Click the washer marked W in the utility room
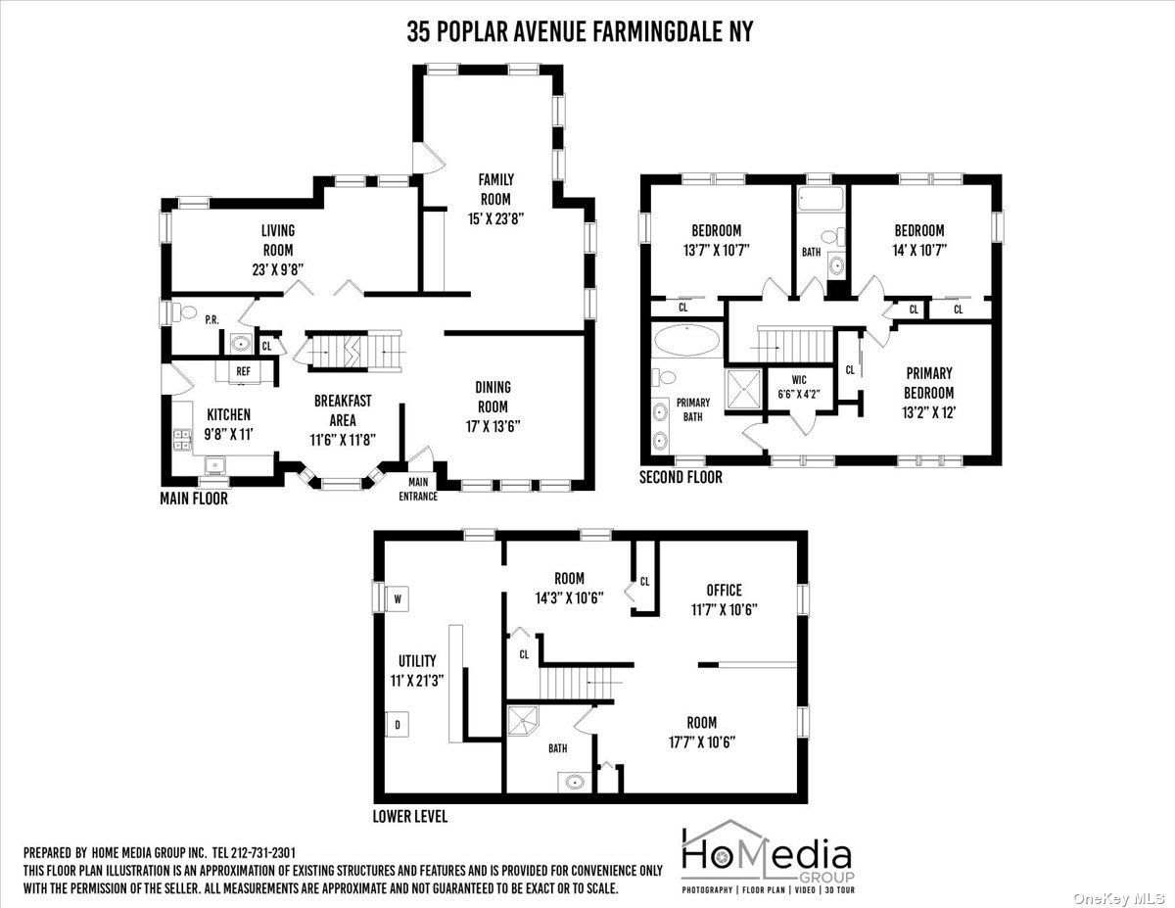tap(398, 598)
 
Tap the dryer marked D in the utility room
tap(397, 725)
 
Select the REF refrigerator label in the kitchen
tap(244, 371)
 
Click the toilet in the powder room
tap(185, 312)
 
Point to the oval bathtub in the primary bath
tap(686, 340)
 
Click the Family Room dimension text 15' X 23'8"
tap(495, 218)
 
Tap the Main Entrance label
tap(418, 489)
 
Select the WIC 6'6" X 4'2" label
tap(799, 387)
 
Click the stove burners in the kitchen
tap(182, 440)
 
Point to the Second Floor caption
tap(681, 477)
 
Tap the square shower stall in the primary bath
tap(744, 389)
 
